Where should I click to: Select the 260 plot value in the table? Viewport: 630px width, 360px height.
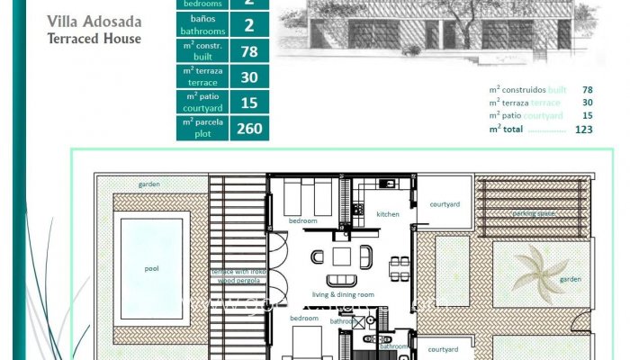click(x=249, y=129)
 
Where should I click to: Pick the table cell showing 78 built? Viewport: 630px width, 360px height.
click(x=249, y=51)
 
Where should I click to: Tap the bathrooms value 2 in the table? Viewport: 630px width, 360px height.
click(x=249, y=25)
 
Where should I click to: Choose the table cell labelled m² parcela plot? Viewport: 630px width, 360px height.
click(x=202, y=129)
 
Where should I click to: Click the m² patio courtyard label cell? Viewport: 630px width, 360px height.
click(x=202, y=103)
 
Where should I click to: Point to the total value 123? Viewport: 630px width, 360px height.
click(x=583, y=129)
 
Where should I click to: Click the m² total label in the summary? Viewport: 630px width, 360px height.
click(x=507, y=129)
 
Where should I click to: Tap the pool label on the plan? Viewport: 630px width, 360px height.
click(x=151, y=268)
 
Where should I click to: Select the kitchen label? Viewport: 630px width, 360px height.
click(x=388, y=214)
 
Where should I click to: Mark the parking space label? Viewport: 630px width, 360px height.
click(x=534, y=214)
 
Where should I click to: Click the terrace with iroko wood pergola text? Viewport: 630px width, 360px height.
click(x=238, y=275)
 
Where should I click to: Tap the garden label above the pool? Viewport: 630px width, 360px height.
click(x=149, y=184)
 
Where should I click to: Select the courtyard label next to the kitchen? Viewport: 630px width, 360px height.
click(x=445, y=204)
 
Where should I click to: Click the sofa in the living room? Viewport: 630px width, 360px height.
click(x=341, y=280)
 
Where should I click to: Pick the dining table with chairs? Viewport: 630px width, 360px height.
click(x=398, y=266)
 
